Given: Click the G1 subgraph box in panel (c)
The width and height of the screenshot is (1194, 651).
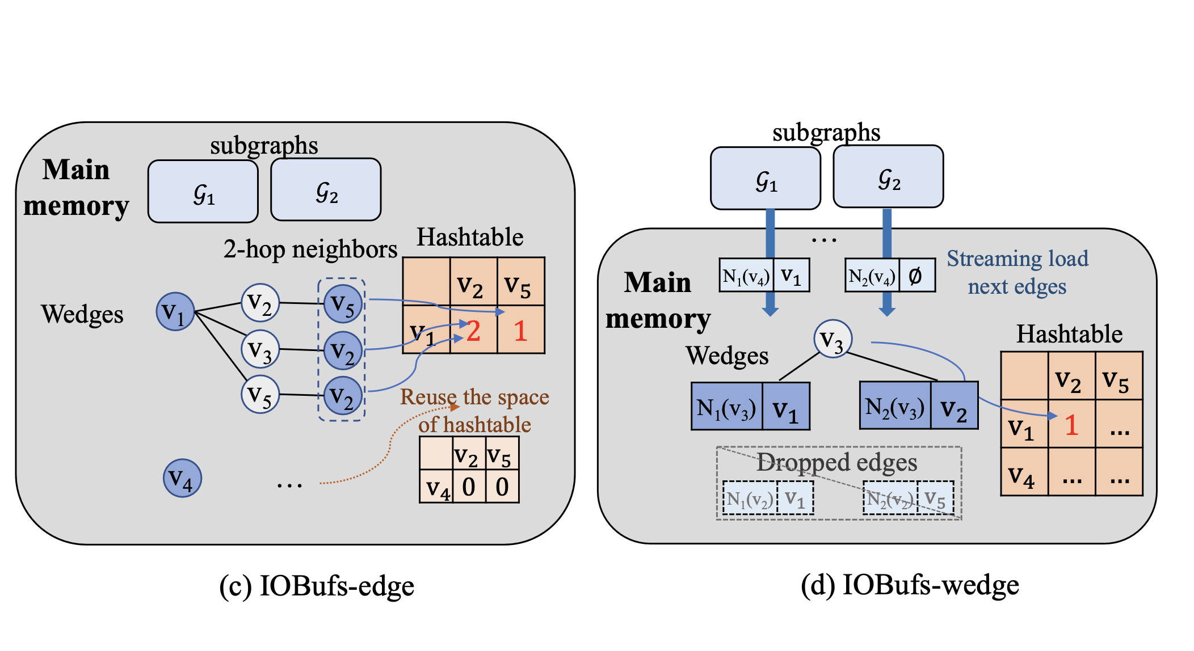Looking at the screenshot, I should [x=203, y=191].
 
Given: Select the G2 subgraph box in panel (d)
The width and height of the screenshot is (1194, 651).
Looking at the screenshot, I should [x=888, y=177].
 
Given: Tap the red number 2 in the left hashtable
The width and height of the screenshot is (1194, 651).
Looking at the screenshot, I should [x=473, y=331].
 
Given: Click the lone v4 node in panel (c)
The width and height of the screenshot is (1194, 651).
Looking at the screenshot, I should [x=182, y=478].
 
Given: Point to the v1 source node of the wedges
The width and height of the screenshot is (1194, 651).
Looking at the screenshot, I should [x=175, y=311].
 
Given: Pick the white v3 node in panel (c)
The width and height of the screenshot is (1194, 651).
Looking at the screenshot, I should [x=260, y=349].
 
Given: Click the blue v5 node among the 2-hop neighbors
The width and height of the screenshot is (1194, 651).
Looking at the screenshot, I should [x=343, y=304].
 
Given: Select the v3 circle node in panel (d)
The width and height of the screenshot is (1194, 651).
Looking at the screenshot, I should [x=833, y=339].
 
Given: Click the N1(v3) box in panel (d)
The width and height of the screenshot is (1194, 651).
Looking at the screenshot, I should [x=726, y=407].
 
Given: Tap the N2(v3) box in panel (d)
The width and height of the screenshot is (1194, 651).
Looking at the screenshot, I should [x=895, y=405].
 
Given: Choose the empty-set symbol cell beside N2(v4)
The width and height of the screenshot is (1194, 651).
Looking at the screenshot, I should [x=915, y=276].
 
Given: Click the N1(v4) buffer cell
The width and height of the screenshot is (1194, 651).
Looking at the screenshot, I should [x=746, y=276].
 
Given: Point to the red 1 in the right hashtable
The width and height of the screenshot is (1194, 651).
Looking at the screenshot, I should [x=1071, y=424].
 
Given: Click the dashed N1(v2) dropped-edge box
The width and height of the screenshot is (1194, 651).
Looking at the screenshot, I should [x=749, y=498].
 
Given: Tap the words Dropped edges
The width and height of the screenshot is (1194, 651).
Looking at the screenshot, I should [x=836, y=462].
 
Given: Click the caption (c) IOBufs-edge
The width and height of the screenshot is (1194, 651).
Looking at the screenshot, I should [x=317, y=586].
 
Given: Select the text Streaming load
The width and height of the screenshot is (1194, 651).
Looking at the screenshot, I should [x=1017, y=259].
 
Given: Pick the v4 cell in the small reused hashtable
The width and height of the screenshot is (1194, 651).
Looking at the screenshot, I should [x=436, y=487].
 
